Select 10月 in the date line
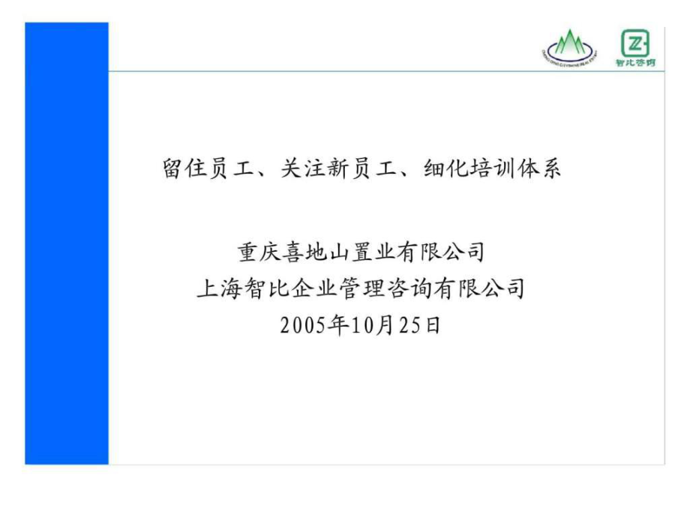[364, 325]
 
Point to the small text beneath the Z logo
[635, 63]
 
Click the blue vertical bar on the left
[67, 243]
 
